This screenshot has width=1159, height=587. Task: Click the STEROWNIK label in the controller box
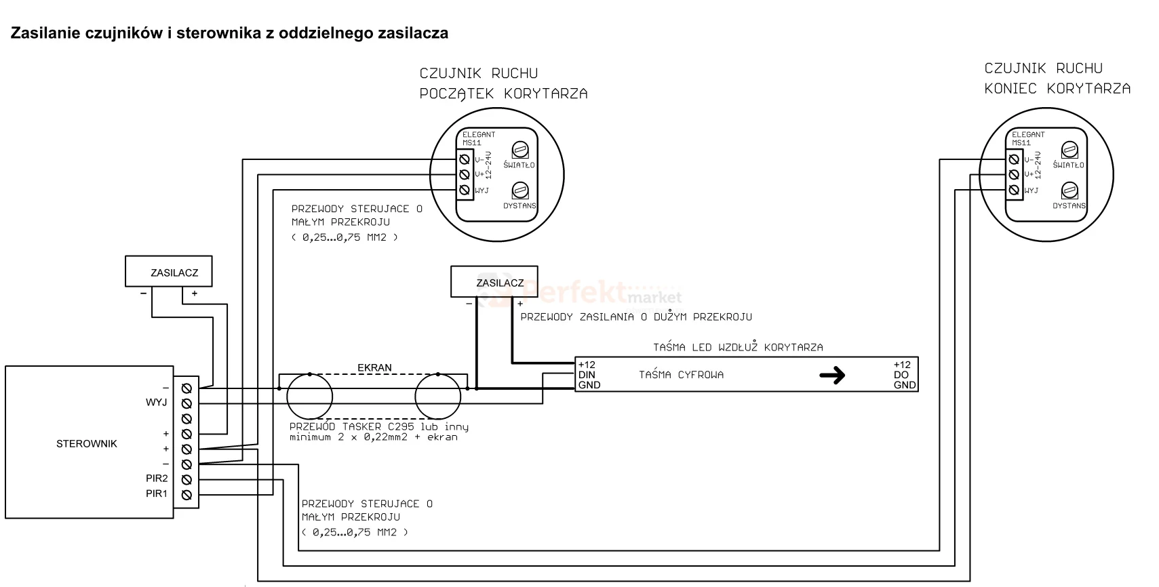(86, 444)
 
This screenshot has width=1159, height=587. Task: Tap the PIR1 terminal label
(157, 494)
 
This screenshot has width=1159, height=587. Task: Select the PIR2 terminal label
(157, 479)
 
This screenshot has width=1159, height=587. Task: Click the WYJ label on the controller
(156, 403)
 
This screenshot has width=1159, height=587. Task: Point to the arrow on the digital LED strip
(832, 375)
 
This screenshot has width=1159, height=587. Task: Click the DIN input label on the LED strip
(587, 375)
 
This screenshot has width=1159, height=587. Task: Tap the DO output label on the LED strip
(901, 375)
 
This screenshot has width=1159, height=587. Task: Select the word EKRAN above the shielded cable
(374, 367)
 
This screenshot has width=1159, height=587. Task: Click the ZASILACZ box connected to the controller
(169, 271)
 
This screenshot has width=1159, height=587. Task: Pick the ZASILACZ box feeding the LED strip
(494, 281)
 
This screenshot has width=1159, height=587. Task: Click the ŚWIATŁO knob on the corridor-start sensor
(520, 150)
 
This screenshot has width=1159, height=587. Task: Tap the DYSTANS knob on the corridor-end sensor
(1069, 191)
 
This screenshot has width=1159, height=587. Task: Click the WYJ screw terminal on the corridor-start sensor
(465, 190)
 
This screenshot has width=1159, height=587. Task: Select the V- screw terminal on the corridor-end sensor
(1014, 159)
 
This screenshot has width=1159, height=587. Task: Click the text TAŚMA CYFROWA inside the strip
(681, 375)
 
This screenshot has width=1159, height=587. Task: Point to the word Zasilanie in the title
(45, 33)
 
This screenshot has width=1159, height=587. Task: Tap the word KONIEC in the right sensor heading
(1010, 89)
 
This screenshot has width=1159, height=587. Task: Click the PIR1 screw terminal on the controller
(186, 495)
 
